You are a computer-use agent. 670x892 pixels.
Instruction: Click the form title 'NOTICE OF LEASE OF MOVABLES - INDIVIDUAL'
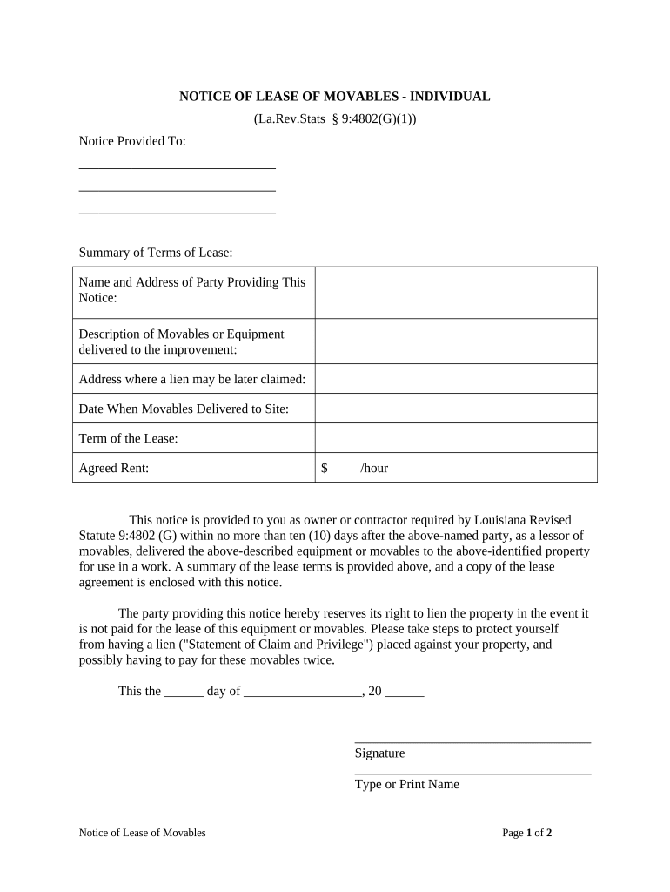(x=334, y=97)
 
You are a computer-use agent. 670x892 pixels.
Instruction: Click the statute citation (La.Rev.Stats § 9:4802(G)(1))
(x=335, y=119)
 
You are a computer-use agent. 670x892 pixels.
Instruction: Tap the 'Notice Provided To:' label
(x=132, y=141)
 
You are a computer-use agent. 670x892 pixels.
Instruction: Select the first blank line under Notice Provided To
(x=177, y=166)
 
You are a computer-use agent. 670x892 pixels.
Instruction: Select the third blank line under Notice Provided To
(x=177, y=211)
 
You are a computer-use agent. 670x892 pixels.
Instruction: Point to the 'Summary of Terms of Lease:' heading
(x=156, y=253)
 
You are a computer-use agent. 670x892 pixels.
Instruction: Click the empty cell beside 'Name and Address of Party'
(x=456, y=293)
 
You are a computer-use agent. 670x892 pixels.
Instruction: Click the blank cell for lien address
(x=456, y=379)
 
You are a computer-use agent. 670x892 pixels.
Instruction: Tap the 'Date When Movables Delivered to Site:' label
(x=184, y=409)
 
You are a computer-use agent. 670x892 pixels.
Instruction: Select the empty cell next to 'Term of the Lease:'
(x=456, y=438)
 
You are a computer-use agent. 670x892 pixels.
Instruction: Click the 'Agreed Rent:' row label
(x=114, y=468)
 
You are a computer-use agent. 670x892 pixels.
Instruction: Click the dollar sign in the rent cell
(x=324, y=468)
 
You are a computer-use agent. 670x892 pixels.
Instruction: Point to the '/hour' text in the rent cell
(x=374, y=468)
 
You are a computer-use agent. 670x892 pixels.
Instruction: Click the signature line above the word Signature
(x=472, y=741)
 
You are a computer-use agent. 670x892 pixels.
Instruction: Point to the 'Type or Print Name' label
(x=406, y=784)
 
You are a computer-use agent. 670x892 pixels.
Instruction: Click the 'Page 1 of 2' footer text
(x=527, y=833)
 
